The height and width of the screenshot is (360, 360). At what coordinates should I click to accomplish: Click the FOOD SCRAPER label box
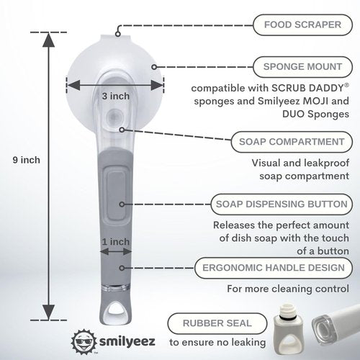pyautogui.click(x=302, y=25)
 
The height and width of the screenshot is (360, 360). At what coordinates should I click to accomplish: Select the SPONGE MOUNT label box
pyautogui.click(x=302, y=67)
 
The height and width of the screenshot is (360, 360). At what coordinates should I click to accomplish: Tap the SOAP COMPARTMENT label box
pyautogui.click(x=292, y=142)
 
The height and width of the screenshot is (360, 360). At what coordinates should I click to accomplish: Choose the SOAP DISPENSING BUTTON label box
pyautogui.click(x=282, y=204)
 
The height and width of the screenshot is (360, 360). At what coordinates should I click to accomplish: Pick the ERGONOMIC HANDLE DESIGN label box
pyautogui.click(x=274, y=268)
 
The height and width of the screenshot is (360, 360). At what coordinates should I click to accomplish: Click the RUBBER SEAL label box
pyautogui.click(x=217, y=323)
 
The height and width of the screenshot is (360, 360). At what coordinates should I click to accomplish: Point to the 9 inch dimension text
pyautogui.click(x=27, y=160)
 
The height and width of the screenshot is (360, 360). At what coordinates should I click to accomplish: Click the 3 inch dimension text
pyautogui.click(x=116, y=96)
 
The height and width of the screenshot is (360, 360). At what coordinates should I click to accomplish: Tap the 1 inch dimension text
pyautogui.click(x=116, y=242)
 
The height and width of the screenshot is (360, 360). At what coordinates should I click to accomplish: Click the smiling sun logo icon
pyautogui.click(x=84, y=341)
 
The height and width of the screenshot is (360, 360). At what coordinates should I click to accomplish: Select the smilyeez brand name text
pyautogui.click(x=127, y=341)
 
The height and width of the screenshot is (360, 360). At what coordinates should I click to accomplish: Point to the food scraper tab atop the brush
pyautogui.click(x=116, y=39)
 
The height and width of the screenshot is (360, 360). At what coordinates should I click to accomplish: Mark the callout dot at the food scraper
pyautogui.click(x=117, y=34)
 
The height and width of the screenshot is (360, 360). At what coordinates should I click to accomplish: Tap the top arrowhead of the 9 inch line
pyautogui.click(x=48, y=40)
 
